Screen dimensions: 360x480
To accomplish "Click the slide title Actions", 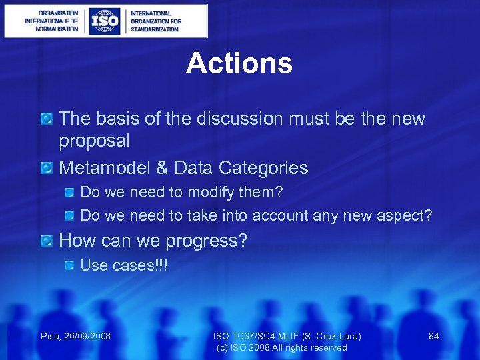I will click(239, 63).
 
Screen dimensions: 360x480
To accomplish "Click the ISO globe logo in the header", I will click(105, 21).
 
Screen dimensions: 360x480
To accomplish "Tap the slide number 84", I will click(433, 336).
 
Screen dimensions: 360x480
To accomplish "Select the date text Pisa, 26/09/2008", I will click(76, 336).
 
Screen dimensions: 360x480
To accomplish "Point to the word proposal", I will click(94, 141).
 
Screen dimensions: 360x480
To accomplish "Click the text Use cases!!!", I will click(124, 265).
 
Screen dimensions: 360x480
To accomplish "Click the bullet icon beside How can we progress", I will click(46, 240).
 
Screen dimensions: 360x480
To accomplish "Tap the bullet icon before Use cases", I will click(69, 265).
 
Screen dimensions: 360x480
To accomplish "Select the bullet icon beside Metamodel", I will click(46, 167).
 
